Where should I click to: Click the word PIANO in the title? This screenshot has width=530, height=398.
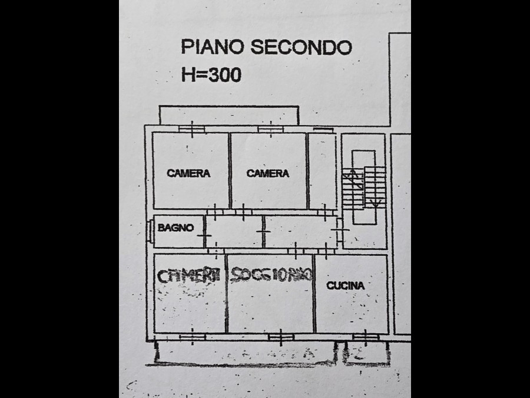[212, 47]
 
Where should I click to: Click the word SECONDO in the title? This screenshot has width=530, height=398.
[301, 47]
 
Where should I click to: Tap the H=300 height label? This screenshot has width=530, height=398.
[210, 75]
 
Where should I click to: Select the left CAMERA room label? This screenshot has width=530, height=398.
[188, 173]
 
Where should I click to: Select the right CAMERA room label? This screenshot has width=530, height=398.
[268, 173]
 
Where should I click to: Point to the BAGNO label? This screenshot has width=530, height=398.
[175, 228]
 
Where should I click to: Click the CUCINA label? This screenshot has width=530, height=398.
[346, 285]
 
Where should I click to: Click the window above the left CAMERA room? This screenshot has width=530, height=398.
[190, 128]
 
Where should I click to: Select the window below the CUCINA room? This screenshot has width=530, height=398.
[366, 337]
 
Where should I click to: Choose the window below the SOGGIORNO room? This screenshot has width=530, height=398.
[280, 337]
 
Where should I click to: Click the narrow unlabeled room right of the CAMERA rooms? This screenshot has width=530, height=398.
[322, 171]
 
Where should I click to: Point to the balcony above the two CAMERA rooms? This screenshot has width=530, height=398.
[228, 116]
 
